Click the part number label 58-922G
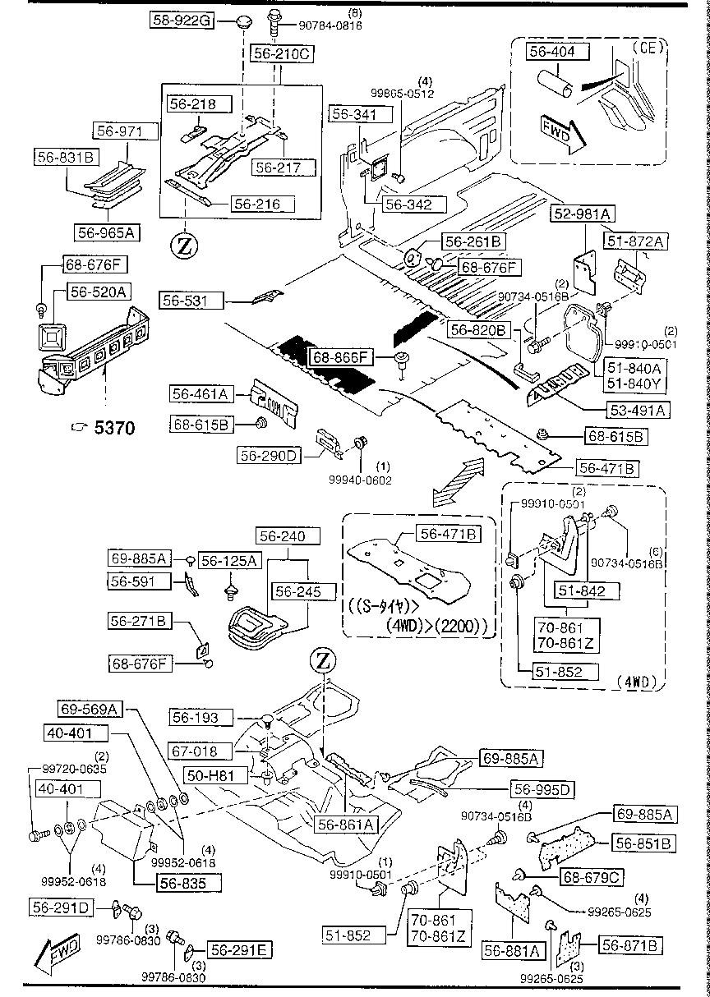pyautogui.click(x=182, y=22)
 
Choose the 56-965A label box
pyautogui.click(x=106, y=232)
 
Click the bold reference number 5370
pyautogui.click(x=114, y=427)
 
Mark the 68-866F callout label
pyautogui.click(x=341, y=357)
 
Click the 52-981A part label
pyautogui.click(x=582, y=214)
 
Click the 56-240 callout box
pyautogui.click(x=280, y=537)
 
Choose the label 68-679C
pyautogui.click(x=589, y=878)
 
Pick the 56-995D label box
pyautogui.click(x=542, y=789)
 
